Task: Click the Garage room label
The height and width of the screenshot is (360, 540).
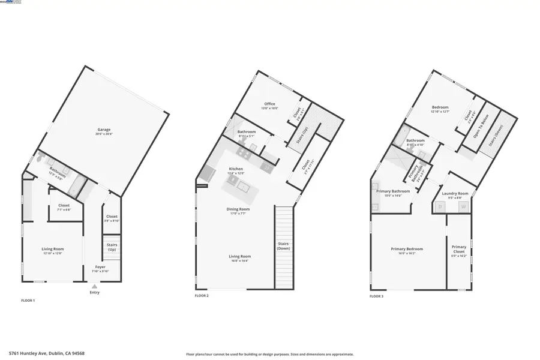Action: point(104,130)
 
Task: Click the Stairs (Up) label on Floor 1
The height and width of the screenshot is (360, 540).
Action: point(112,247)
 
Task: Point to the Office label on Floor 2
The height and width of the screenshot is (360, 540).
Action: point(269,104)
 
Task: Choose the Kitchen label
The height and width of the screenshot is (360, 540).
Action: point(236,169)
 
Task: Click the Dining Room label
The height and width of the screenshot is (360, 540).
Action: point(238,209)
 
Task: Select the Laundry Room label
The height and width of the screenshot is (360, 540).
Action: point(455,194)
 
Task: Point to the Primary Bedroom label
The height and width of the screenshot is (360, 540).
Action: point(407,249)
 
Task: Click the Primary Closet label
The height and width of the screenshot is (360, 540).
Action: point(459,249)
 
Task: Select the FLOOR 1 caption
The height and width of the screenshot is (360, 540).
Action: point(28,300)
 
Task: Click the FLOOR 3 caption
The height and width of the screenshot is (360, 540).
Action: point(376,296)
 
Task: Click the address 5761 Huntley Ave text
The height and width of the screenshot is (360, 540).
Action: point(47,353)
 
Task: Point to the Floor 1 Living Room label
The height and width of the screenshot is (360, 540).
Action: point(53,249)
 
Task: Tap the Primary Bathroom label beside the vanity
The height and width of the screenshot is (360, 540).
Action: point(389,192)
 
